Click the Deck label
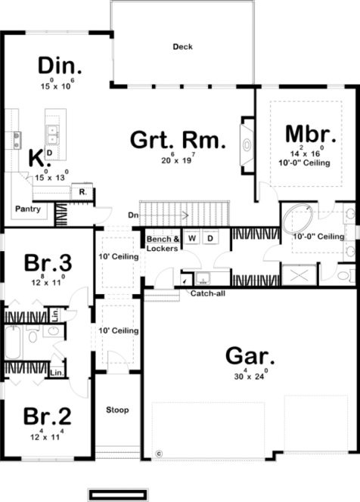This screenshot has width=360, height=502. pyautogui.click(x=182, y=47)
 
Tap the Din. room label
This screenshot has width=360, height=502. pyautogui.click(x=60, y=65)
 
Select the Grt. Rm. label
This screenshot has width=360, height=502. pyautogui.click(x=178, y=141)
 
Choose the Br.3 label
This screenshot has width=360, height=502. pyautogui.click(x=48, y=264)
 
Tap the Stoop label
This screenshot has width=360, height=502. pyautogui.click(x=117, y=411)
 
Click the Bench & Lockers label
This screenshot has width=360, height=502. pyautogui.click(x=163, y=243)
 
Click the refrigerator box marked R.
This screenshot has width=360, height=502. pyautogui.click(x=82, y=193)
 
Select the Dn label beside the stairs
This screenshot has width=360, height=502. pyautogui.click(x=132, y=214)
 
